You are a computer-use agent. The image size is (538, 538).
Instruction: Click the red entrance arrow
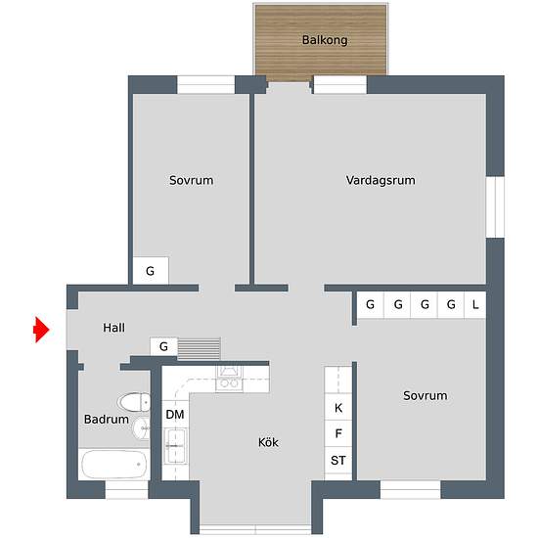point(41,330)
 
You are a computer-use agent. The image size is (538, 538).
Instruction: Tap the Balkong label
point(325,40)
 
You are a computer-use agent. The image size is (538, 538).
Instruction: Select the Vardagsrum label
point(381,180)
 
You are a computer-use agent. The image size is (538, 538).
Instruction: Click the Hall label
point(113,328)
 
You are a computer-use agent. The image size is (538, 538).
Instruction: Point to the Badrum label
point(107,420)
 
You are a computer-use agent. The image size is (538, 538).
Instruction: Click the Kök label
point(268,442)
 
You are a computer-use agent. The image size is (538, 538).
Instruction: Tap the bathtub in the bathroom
point(114,465)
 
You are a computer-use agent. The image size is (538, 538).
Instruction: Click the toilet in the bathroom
point(134,402)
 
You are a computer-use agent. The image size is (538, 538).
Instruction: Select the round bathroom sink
point(141,428)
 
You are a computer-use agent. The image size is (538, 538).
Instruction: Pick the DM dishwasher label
point(175,415)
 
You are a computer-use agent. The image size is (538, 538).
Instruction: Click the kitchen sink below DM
point(175,446)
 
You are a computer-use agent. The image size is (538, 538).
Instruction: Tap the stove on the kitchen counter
point(229,379)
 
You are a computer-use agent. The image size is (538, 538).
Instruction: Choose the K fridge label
point(338,408)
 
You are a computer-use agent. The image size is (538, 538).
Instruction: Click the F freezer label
point(338,433)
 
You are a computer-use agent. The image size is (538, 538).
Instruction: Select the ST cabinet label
point(338,460)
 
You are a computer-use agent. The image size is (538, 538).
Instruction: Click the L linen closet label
point(475,304)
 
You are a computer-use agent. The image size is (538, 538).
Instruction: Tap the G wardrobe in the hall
point(163,346)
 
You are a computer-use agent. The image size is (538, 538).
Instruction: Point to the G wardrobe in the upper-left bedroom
point(151,271)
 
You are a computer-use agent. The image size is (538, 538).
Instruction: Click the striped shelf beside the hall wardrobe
point(199,349)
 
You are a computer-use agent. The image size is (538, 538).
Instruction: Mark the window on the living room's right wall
point(495,207)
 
